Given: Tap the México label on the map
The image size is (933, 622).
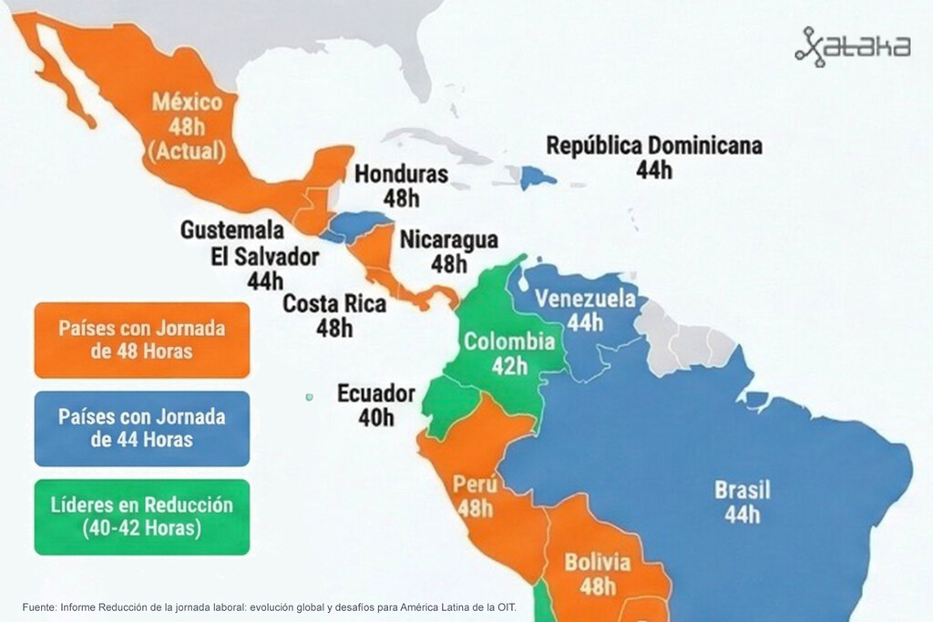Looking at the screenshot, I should click(x=187, y=101).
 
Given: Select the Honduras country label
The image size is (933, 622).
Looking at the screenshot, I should click(x=401, y=174).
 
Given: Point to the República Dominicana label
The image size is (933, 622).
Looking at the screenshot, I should click(x=653, y=146).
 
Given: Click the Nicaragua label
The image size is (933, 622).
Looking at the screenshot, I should click(x=448, y=240).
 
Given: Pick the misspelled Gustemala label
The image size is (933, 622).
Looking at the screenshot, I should click(x=231, y=230).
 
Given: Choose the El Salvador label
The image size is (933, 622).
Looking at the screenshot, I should click(x=264, y=257).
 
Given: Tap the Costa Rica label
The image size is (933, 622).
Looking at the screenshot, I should click(x=333, y=303).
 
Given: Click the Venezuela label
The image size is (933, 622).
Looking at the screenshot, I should click(x=585, y=299).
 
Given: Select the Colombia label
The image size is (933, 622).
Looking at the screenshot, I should click(x=508, y=342).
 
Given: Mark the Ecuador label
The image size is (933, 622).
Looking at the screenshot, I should click(x=375, y=394).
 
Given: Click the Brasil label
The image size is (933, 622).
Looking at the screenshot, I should click(x=742, y=490).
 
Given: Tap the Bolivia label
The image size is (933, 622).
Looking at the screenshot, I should click(x=597, y=562).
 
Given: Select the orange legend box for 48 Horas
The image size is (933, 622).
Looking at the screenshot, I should click(x=141, y=340).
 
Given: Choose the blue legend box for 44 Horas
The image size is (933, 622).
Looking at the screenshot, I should click(x=141, y=428).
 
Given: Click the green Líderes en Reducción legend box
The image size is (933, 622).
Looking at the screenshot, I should click(x=141, y=516).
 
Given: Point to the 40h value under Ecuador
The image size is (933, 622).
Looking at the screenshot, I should click(x=375, y=418).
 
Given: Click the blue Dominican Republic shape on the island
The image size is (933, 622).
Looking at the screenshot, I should click(x=538, y=177).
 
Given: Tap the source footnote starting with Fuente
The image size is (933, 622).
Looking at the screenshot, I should click(x=269, y=607).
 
